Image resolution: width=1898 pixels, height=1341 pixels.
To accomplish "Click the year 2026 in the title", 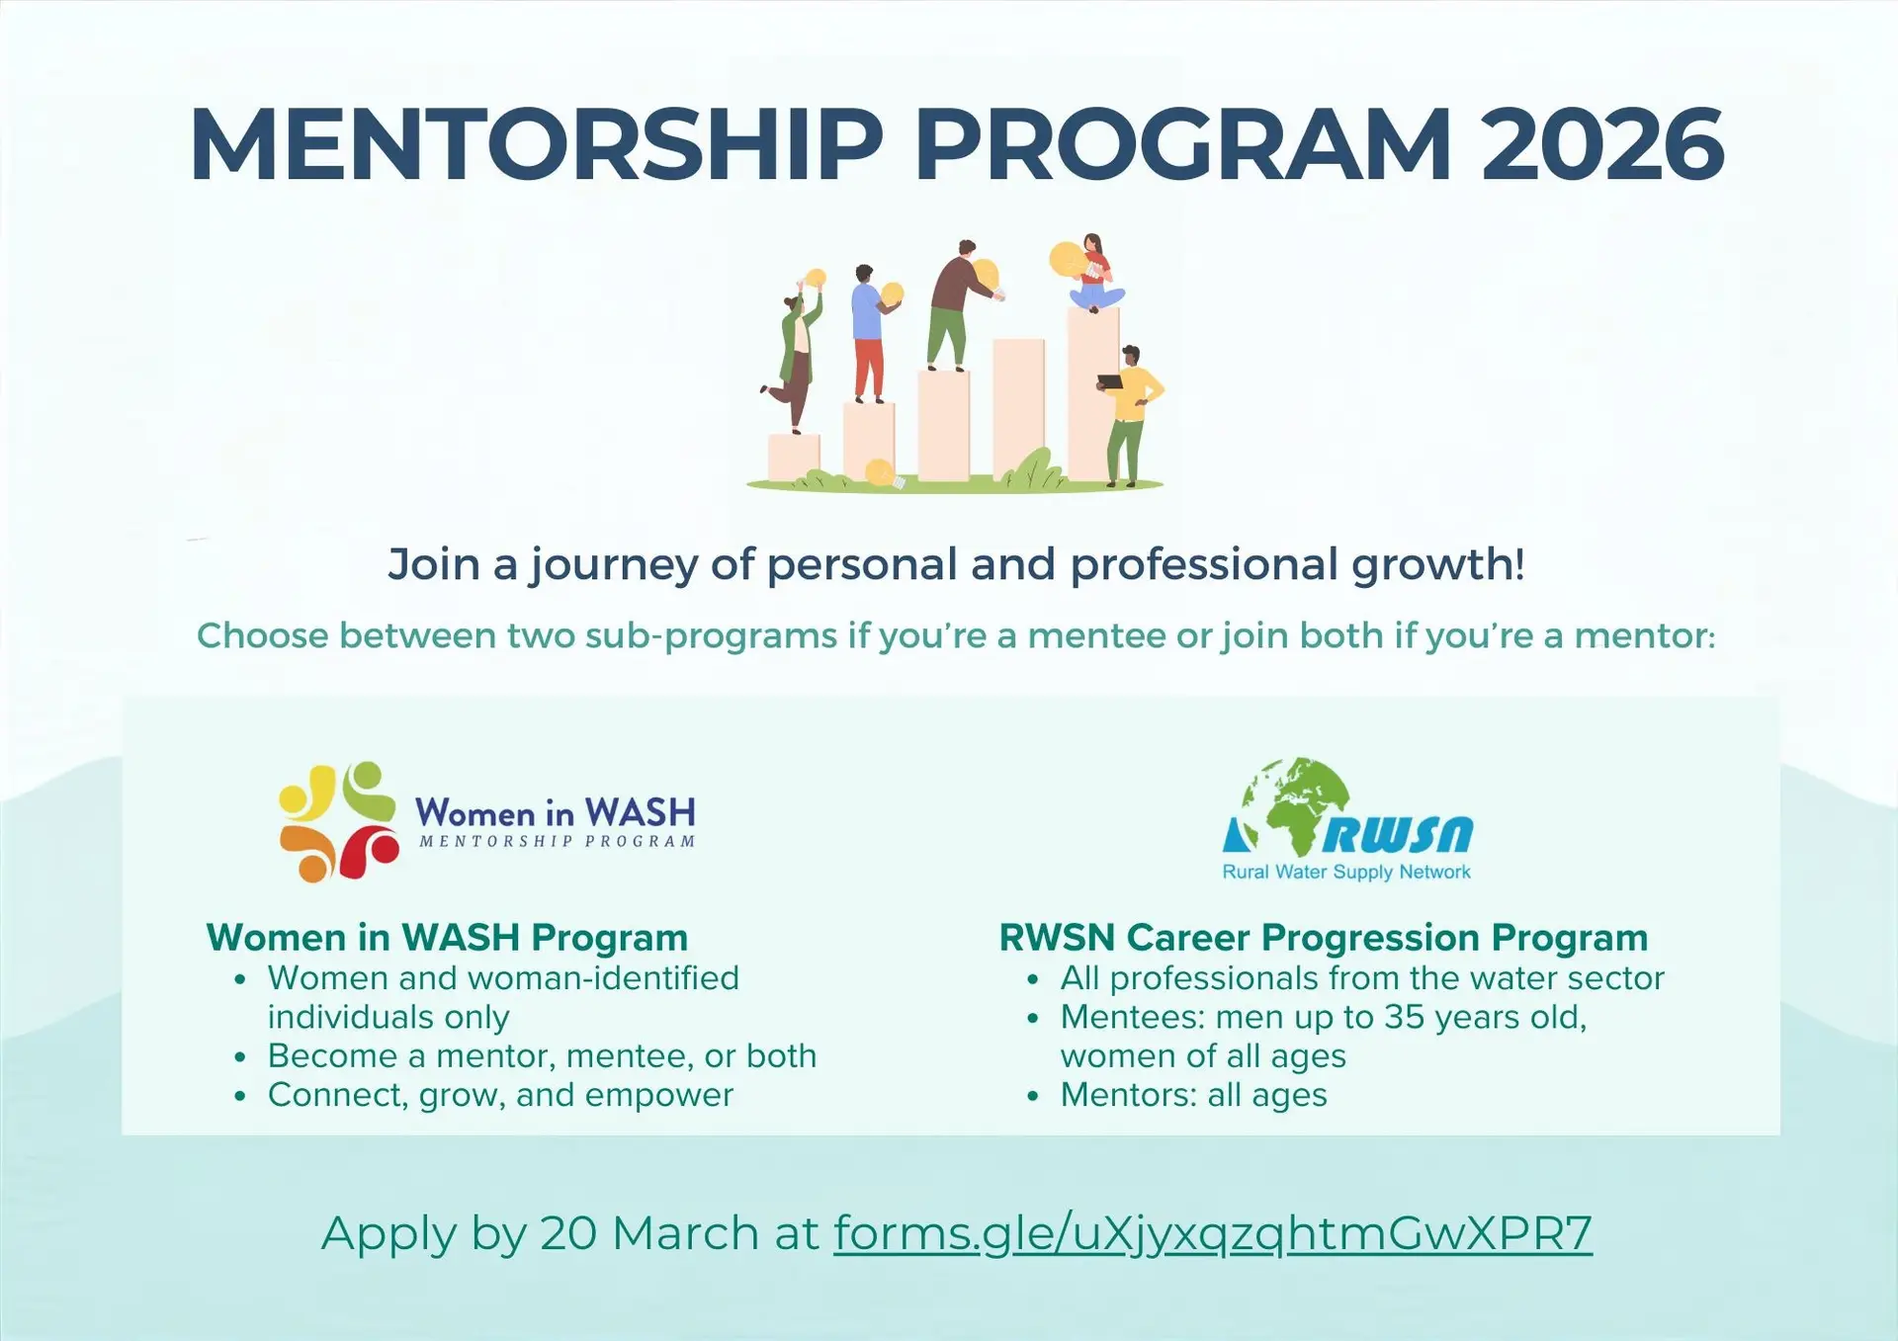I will pos(1601,145).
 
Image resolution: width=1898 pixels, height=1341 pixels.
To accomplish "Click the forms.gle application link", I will pos(1212,1233).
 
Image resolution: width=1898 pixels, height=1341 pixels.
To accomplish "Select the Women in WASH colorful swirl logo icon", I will pos(338,821).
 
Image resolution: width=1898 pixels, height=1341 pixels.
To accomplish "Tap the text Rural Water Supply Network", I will pos(1346,872).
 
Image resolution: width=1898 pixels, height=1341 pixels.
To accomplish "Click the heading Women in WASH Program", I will pos(447,937).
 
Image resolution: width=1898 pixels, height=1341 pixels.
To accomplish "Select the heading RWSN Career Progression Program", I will pos(1323,937).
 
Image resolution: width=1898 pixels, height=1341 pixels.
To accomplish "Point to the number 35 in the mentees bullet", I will pos(1404,1017).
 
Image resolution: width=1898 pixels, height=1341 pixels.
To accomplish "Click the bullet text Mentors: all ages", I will pos(1193,1095).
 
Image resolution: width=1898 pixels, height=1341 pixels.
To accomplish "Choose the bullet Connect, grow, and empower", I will pos(500,1095).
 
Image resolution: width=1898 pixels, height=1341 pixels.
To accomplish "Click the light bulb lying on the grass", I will pos(882,474).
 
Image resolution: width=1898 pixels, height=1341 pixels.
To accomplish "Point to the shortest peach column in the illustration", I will pos(794,458).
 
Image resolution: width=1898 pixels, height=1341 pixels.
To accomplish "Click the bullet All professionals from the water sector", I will pos(1361,978).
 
